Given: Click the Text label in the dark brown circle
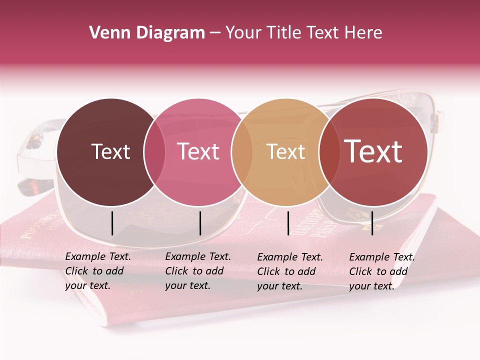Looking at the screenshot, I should click(110, 151).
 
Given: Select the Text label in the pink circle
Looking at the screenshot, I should click(198, 151).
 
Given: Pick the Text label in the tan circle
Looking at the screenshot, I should click(286, 151).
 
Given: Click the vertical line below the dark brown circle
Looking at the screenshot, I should click(112, 223).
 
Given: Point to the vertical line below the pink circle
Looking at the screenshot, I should click(200, 223).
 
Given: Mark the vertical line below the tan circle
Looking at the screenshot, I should click(288, 223).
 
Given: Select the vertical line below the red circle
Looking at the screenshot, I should click(372, 223).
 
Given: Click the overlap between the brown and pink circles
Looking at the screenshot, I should click(154, 152).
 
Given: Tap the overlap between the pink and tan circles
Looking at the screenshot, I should click(242, 152).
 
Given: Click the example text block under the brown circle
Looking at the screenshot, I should click(98, 271).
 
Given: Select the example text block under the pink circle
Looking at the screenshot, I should click(198, 271).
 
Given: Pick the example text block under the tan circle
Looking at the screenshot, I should click(290, 271).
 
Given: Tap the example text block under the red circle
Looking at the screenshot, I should click(382, 271).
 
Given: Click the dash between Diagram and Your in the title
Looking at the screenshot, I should click(215, 33).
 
